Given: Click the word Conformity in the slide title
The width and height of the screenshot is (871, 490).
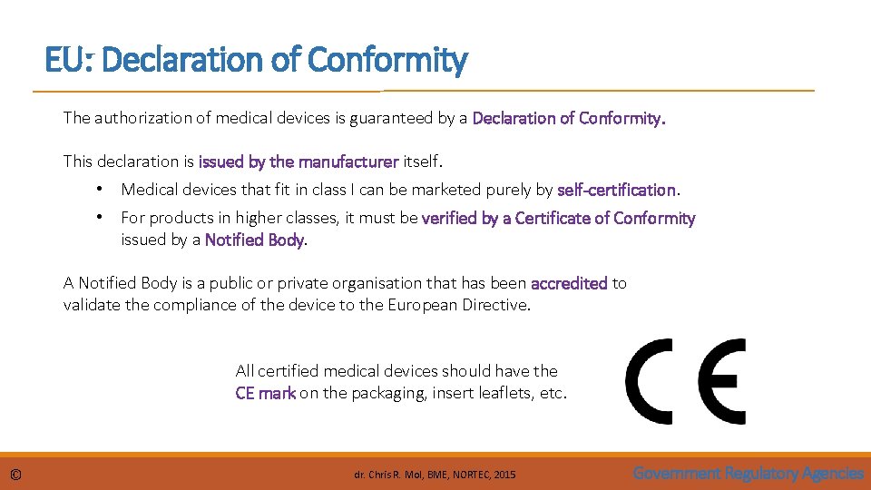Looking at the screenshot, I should pyautogui.click(x=387, y=61).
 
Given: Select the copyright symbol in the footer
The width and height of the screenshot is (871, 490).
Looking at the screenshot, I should pyautogui.click(x=16, y=475).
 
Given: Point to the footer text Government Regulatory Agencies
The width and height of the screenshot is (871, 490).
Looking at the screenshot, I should pyautogui.click(x=748, y=473).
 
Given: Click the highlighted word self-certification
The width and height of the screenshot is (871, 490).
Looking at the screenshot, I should pyautogui.click(x=616, y=190).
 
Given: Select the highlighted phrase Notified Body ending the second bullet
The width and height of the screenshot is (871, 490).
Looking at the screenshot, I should pyautogui.click(x=255, y=240).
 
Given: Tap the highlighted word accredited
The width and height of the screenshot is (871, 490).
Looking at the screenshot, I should pyautogui.click(x=569, y=283).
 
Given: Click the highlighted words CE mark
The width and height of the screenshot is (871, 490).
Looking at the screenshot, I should pyautogui.click(x=265, y=393).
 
